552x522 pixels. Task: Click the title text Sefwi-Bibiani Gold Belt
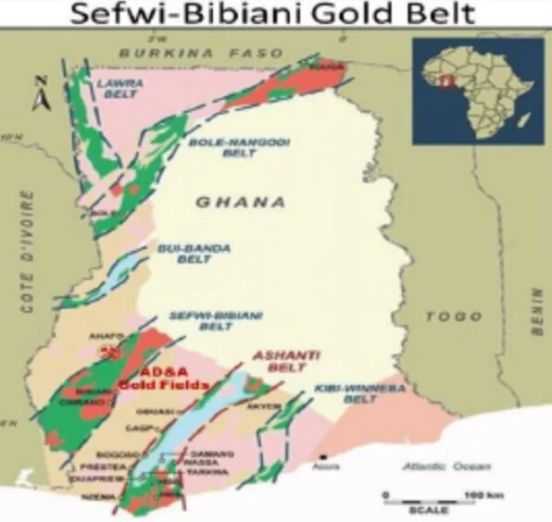click(x=275, y=16)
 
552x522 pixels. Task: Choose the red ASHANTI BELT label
click(x=288, y=362)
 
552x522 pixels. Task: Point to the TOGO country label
click(x=453, y=317)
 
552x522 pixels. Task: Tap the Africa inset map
click(x=478, y=90)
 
